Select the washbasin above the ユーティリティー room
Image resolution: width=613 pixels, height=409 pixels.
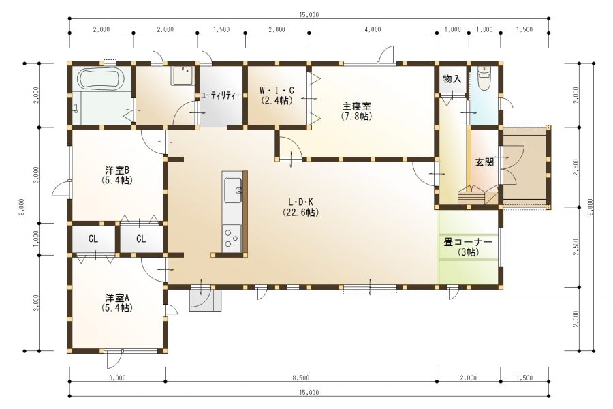(x=182, y=76)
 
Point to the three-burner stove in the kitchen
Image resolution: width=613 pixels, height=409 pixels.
(x=232, y=239)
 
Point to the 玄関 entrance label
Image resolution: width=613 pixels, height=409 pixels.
(x=484, y=162)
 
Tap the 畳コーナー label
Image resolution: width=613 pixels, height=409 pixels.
(x=468, y=242)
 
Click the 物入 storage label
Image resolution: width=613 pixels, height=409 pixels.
(x=452, y=79)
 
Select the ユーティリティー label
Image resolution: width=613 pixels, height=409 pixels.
(x=221, y=96)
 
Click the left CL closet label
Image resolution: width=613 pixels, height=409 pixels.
(x=93, y=239)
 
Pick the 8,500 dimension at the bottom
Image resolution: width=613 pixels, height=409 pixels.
(x=300, y=378)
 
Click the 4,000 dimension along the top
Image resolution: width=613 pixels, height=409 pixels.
(x=373, y=29)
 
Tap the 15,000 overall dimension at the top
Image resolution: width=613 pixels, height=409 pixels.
(x=309, y=15)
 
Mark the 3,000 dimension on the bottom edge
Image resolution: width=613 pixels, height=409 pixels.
(x=117, y=378)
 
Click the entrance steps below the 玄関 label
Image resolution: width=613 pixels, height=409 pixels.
(x=477, y=196)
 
